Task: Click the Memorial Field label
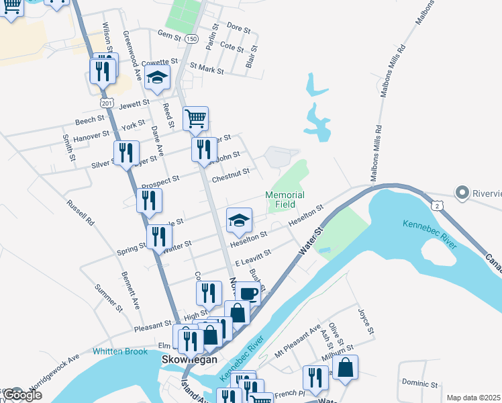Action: (285, 199)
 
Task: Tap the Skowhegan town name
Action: (190, 359)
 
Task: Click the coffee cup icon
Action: (248, 293)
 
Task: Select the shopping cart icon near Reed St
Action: (195, 118)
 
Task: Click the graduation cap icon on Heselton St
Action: (239, 220)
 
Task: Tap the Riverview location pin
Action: (462, 193)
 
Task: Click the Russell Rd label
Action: (80, 213)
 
